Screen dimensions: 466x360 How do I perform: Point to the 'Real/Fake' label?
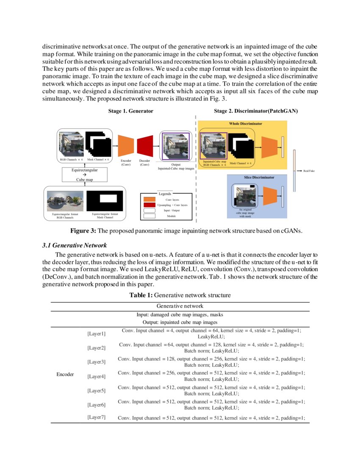click(309, 171)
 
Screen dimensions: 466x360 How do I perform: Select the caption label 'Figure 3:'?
click(83, 231)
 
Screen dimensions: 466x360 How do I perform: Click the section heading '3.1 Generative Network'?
click(75, 245)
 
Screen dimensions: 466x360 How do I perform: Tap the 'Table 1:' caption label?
click(141, 295)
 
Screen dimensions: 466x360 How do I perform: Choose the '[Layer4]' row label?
click(96, 376)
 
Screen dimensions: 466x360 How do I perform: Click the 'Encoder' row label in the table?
click(65, 374)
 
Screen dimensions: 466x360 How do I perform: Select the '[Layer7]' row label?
click(96, 417)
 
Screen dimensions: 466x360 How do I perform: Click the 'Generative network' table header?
click(180, 306)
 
